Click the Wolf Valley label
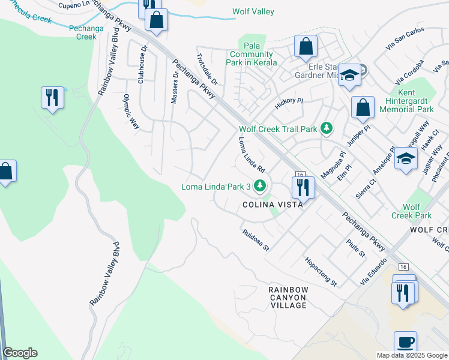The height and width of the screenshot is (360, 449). [253, 11]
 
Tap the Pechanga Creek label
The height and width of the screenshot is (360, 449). [82, 32]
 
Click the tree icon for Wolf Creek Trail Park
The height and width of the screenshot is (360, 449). [327, 128]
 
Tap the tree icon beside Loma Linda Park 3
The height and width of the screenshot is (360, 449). [260, 187]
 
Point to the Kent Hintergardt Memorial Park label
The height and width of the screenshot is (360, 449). [407, 101]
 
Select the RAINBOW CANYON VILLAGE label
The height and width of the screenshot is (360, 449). [288, 298]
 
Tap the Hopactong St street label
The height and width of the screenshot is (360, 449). [321, 272]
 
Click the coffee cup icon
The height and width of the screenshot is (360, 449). [406, 343]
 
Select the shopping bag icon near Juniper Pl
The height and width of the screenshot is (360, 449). [363, 108]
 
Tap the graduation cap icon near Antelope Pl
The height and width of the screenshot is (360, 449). [406, 159]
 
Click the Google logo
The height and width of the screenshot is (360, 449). [20, 353]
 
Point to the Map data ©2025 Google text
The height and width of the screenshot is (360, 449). [411, 355]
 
